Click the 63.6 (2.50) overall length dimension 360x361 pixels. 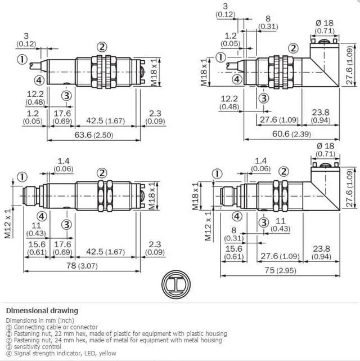94,135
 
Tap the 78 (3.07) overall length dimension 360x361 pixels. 82,266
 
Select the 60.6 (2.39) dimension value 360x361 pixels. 291,134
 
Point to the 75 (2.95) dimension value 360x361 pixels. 280,270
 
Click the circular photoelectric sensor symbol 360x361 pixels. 176,284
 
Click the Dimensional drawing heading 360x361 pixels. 42,310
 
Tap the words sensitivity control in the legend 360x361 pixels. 38,346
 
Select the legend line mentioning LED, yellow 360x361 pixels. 61,353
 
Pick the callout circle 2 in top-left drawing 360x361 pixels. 102,47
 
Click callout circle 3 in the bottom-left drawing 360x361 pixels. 67,224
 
